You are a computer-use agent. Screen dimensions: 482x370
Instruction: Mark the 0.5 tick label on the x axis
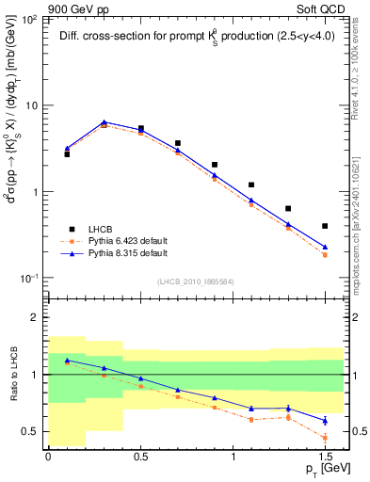coord(140,458)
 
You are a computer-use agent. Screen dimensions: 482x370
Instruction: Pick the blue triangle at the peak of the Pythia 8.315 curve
coord(104,121)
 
